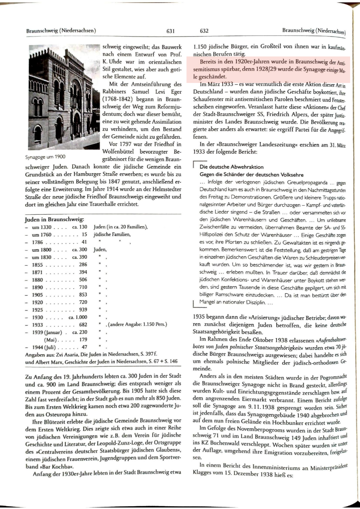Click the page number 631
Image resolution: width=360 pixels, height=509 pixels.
pos(171,31)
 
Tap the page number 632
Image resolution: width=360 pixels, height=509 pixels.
pos(204,31)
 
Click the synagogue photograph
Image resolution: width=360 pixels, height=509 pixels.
pos(64,97)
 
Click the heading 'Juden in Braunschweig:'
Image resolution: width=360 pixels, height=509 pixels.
pos(54,220)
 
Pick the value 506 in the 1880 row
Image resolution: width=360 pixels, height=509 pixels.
pos(83,280)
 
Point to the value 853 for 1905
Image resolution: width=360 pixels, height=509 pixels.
pos(83,295)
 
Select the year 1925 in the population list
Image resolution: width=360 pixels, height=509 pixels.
pos(38,310)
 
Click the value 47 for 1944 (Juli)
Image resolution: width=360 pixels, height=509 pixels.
pos(84,347)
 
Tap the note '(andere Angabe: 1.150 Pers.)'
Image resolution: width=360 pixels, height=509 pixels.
pos(138,324)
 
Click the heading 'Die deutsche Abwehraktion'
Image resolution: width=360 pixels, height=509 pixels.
pos(231,167)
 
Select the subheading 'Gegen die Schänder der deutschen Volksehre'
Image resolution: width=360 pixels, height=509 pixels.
pos(251,175)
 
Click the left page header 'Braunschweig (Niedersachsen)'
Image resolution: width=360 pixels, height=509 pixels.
pos(61,31)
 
